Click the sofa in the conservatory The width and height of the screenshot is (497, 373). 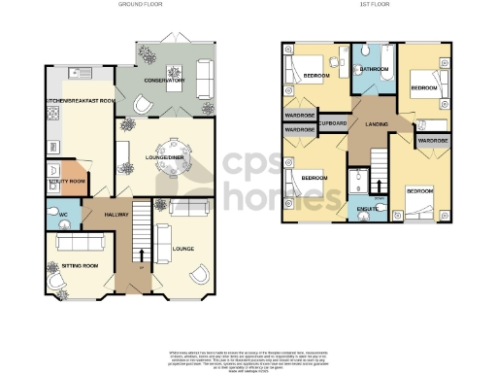205,77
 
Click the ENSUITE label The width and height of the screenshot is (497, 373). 367,209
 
